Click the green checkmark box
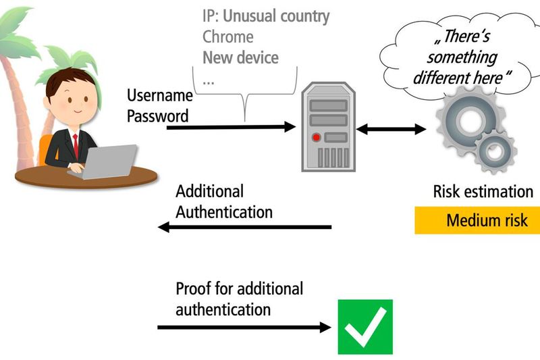365,327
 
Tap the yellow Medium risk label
477,221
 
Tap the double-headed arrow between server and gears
391,128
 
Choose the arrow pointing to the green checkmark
244,328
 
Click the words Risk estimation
483,191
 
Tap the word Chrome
228,36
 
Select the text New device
240,57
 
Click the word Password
157,115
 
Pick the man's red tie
76,145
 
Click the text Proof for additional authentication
239,299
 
